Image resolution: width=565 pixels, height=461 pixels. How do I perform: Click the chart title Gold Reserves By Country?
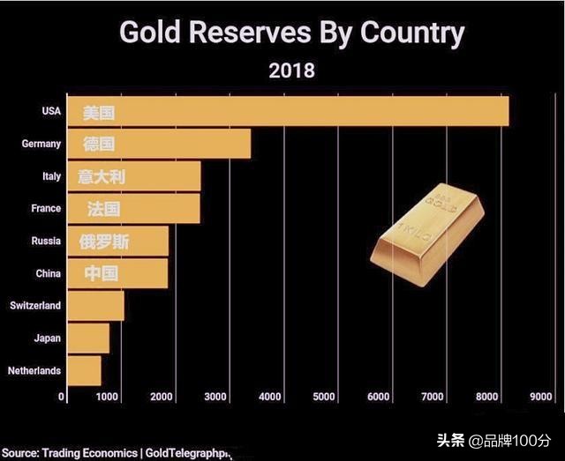291,33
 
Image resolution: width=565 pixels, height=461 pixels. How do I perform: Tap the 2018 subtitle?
291,71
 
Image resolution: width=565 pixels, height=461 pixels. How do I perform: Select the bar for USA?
288,112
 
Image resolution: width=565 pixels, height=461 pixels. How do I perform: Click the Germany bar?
159,144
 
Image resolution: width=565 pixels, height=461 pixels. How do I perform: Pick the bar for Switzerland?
95,305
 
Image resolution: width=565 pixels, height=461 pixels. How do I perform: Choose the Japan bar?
88,338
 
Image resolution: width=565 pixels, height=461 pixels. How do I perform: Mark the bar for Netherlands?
84,370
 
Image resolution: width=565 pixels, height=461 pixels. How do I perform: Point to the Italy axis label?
51,176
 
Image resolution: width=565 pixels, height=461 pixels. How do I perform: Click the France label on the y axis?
46,209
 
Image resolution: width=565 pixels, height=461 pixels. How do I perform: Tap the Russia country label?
46,241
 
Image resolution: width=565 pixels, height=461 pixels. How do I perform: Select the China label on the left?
48,273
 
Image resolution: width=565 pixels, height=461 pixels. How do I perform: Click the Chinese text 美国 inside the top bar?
100,112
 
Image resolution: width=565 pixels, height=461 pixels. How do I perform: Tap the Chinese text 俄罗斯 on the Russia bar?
104,242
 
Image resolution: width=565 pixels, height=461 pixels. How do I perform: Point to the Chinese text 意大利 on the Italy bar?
102,176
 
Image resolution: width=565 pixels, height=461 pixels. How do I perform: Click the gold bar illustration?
428,234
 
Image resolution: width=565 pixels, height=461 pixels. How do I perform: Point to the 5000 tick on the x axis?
324,398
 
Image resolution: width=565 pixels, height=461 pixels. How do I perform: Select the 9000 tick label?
540,398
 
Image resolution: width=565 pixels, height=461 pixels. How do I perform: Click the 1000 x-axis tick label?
107,398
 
